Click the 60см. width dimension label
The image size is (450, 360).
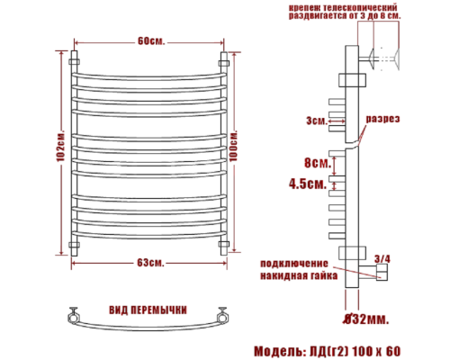point(150,40)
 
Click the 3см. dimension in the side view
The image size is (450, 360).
point(316,119)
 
